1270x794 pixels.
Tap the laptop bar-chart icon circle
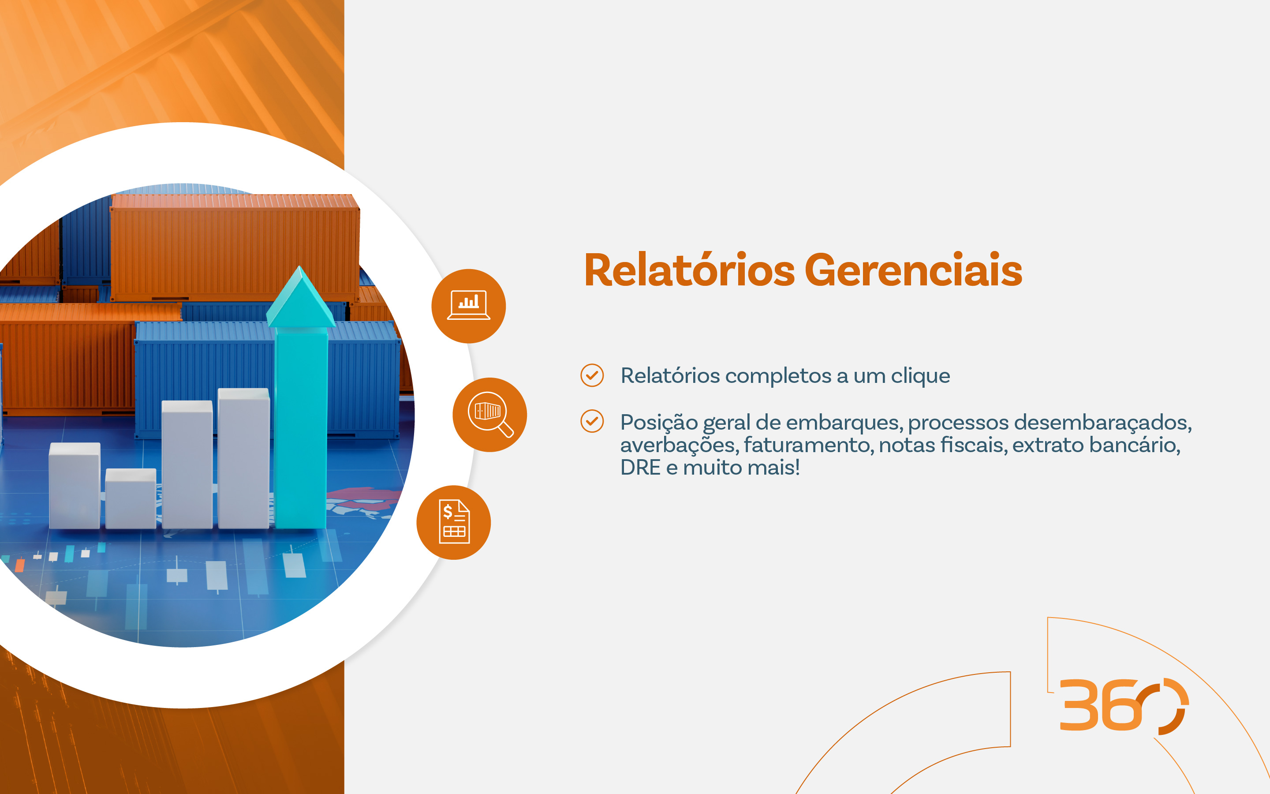(469, 306)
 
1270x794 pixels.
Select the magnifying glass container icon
(489, 415)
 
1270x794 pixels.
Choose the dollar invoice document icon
(453, 523)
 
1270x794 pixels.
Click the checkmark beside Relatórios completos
(592, 375)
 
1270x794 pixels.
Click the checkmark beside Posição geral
(592, 421)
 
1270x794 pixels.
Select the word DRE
(640, 468)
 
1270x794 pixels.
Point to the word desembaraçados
(1103, 423)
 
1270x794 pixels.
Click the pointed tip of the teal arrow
(300, 266)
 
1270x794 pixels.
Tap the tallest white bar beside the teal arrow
(243, 458)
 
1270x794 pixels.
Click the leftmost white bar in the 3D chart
(75, 485)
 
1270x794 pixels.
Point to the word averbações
(680, 446)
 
